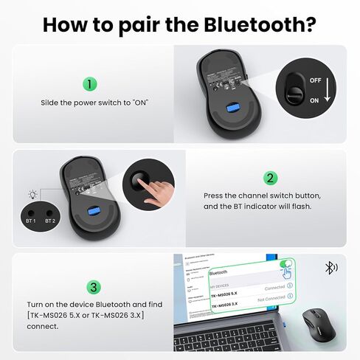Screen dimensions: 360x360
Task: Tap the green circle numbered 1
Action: click(89, 84)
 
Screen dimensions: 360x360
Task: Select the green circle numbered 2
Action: click(271, 178)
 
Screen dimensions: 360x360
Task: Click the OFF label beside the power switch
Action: click(315, 79)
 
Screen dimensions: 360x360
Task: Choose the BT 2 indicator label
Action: click(50, 221)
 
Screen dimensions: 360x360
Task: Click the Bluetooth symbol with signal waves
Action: click(331, 268)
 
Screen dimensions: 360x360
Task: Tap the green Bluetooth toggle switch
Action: click(285, 264)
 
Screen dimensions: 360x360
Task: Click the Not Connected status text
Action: click(271, 299)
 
